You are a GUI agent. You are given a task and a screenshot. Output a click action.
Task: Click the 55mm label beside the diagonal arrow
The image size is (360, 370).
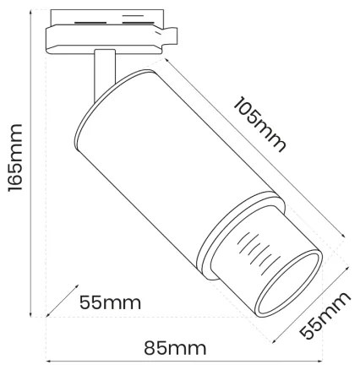(110, 302)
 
